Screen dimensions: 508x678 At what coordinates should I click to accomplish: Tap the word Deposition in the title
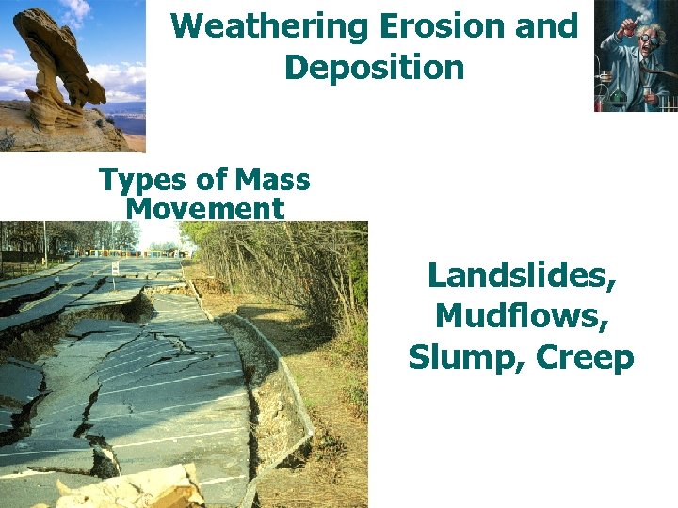click(x=374, y=68)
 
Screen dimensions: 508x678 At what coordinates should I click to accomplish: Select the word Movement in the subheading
click(x=204, y=208)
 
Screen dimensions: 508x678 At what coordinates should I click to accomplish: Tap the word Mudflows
click(x=522, y=316)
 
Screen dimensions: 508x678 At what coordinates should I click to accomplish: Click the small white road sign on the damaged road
click(x=116, y=268)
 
